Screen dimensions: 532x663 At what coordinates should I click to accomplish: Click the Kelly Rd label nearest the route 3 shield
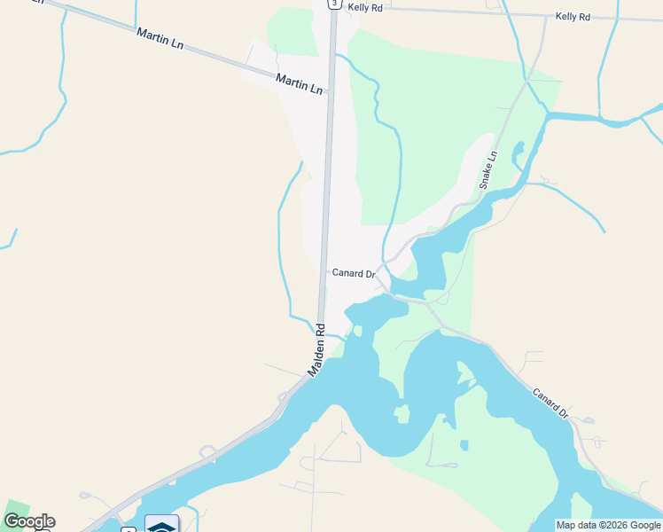(365, 7)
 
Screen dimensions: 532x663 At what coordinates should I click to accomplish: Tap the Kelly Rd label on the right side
(573, 17)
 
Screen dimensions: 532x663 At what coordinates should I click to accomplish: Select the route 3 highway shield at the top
(333, 4)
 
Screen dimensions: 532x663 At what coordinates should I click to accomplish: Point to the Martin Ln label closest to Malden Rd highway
(299, 83)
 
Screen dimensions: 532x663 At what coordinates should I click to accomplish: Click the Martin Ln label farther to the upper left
(160, 38)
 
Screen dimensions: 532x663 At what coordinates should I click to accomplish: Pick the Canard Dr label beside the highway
(354, 273)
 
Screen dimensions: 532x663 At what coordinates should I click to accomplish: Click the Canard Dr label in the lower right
(550, 401)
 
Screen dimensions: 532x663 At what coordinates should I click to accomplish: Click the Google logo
(29, 521)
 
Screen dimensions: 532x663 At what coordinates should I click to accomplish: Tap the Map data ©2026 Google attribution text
(608, 525)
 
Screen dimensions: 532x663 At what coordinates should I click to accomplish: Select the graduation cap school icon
(161, 526)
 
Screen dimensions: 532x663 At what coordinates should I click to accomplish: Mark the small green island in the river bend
(402, 413)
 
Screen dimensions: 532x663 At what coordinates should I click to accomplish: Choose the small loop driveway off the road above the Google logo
(87, 495)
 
